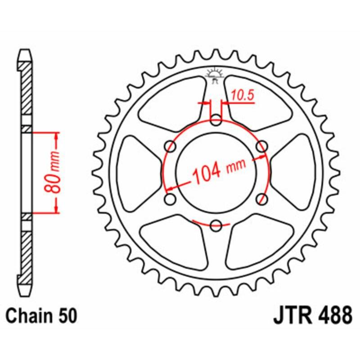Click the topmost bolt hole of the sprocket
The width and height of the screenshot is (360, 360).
click(x=216, y=120)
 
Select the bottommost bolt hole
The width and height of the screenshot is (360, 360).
click(x=216, y=224)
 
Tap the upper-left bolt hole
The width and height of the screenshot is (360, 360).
click(x=171, y=146)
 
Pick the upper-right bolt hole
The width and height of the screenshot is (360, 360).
click(x=261, y=146)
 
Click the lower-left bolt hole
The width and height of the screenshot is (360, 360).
click(x=171, y=198)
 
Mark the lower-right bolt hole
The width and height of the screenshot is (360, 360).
click(x=261, y=198)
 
